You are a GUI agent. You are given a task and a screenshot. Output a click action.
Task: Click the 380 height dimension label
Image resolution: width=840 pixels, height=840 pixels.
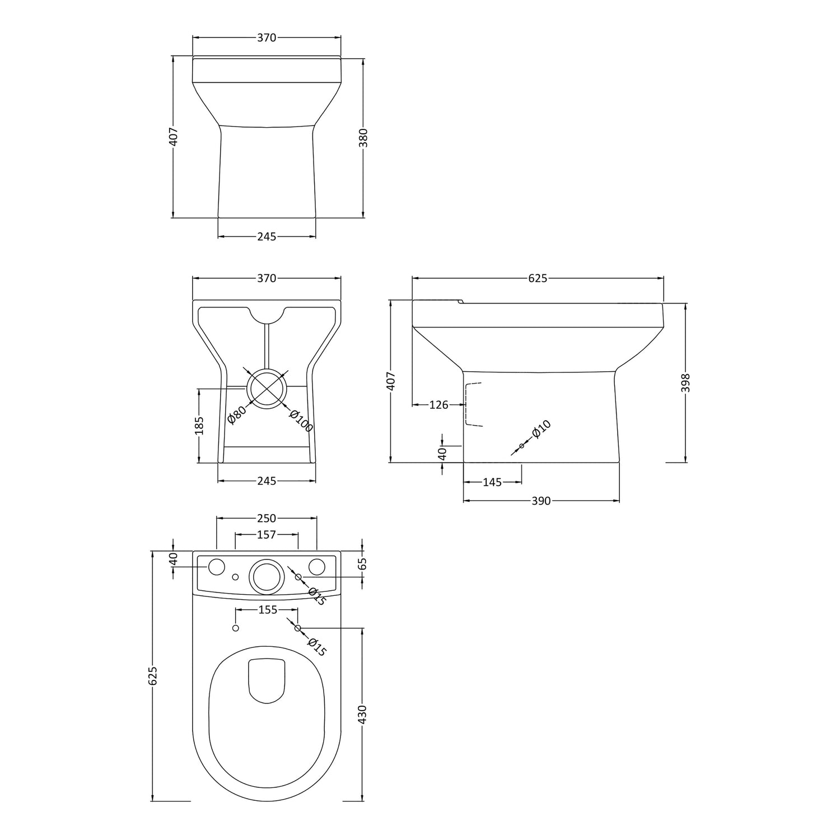[363, 137]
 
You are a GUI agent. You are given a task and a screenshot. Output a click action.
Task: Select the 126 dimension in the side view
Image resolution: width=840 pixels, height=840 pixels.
[439, 405]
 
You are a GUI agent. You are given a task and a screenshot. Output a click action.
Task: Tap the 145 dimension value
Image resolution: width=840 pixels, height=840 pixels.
[492, 482]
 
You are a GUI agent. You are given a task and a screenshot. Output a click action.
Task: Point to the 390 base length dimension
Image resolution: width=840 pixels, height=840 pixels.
[541, 501]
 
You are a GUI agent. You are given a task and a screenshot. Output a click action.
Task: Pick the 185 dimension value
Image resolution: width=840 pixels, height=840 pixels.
[199, 425]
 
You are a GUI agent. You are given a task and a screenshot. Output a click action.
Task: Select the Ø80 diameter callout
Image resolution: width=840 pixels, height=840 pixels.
[237, 415]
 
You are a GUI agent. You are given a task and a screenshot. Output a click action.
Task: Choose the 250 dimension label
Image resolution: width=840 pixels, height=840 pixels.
[267, 519]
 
